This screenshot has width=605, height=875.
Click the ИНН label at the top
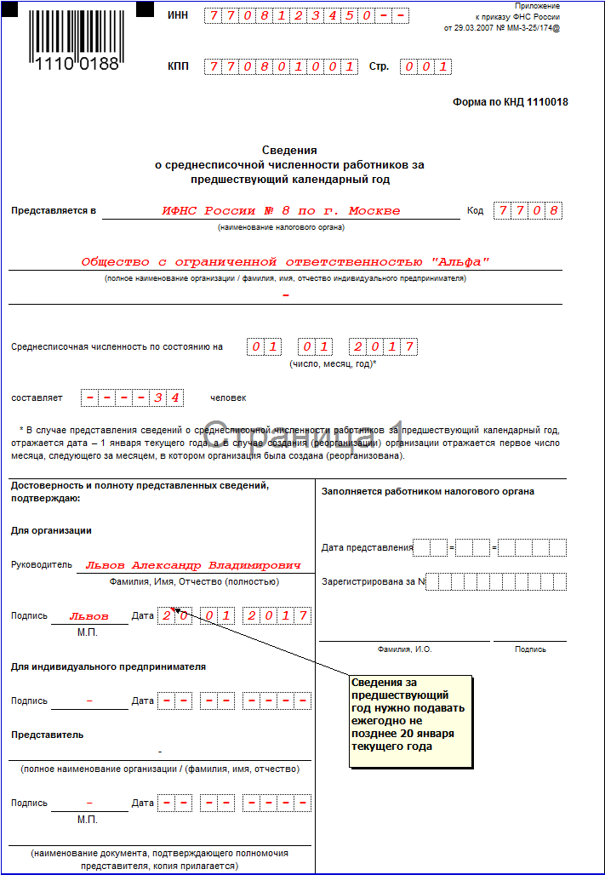point(178,16)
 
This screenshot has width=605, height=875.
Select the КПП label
point(178,66)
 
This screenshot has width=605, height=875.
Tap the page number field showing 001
point(425,66)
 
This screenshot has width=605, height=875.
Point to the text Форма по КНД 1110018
point(510,102)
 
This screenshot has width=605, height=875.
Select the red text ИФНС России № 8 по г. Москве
point(281,210)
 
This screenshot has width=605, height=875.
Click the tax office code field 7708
point(528,210)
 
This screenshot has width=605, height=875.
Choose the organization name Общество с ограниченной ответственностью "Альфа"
point(285,262)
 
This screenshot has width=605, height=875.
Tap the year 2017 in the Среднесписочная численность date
point(383,346)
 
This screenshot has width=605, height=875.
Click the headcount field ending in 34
point(132,397)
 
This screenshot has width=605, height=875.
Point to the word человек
point(228,397)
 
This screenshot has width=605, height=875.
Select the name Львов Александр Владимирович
point(193,564)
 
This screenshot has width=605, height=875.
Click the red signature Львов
point(88,615)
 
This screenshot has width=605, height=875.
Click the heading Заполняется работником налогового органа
point(428,491)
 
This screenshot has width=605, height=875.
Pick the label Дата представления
point(367,547)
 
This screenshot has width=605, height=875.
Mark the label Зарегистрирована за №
point(373,582)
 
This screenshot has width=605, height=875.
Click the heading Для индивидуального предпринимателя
point(108,666)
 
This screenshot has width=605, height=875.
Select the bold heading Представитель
point(47,735)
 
